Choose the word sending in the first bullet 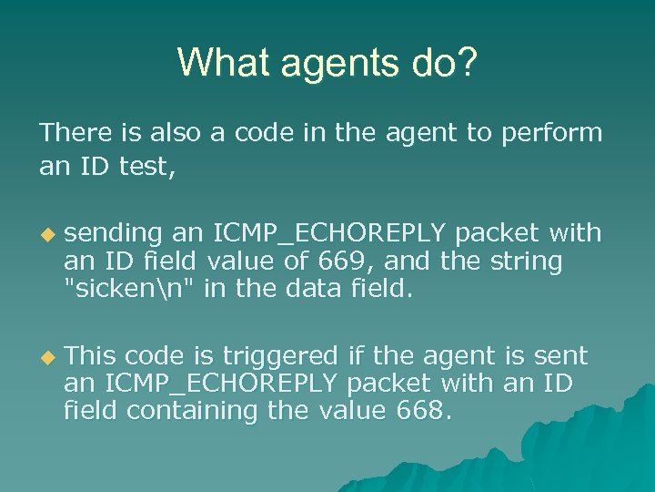point(114,234)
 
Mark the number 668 point(422,411)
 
